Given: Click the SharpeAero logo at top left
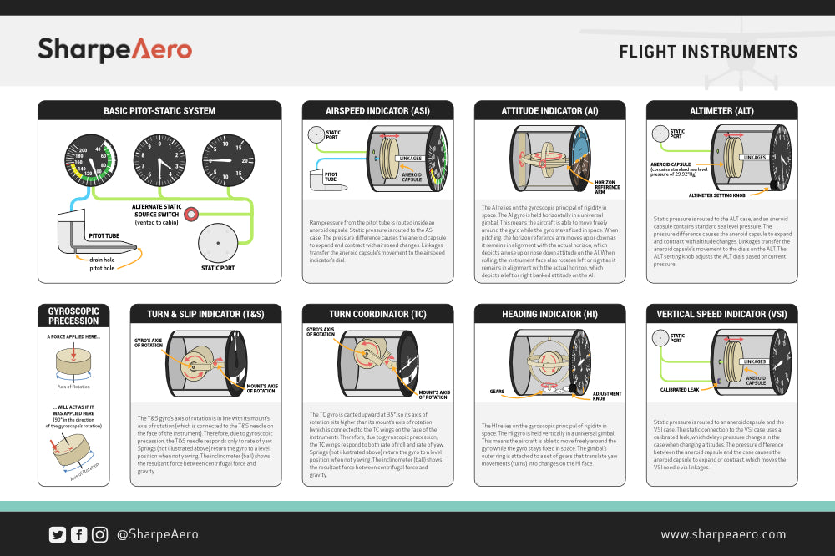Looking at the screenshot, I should pos(114,50).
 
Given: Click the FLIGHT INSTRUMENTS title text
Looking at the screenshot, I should pos(708,52).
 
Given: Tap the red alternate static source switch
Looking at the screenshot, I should pos(191,215).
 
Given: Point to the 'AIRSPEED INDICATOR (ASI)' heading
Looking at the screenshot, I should pos(377,110).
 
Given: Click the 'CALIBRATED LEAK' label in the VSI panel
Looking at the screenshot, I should pos(679,389).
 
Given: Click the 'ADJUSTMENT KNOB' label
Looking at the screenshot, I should pos(606,396).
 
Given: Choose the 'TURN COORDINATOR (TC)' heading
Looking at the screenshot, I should pos(377,314).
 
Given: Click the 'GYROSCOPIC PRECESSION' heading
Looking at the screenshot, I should pos(73,315).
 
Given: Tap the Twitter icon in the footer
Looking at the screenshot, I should pos(58,534).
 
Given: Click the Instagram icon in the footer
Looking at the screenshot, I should pos(99,534).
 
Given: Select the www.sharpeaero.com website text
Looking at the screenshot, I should pos(723,534).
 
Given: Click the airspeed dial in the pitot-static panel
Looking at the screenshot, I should pos(93,160).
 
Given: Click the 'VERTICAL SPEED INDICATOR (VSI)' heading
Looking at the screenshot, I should pos(721,314).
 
